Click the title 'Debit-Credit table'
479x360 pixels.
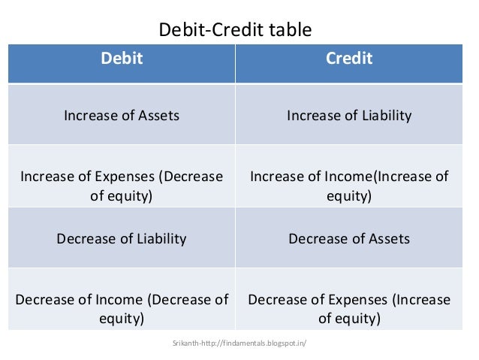click(234, 30)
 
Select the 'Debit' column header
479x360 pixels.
click(122, 59)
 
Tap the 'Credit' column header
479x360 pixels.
click(349, 59)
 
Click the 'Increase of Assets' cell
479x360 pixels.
click(122, 116)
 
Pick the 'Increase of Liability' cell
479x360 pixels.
click(349, 116)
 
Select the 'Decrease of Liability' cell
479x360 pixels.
click(122, 239)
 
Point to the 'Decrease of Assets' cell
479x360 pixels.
click(349, 239)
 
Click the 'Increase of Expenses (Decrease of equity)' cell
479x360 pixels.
click(122, 186)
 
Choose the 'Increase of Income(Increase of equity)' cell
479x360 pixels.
click(349, 186)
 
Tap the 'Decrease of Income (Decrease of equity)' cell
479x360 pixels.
click(122, 309)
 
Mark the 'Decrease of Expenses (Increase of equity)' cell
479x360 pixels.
click(349, 309)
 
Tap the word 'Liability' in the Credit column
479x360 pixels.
click(385, 116)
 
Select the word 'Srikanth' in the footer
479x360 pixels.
click(186, 343)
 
